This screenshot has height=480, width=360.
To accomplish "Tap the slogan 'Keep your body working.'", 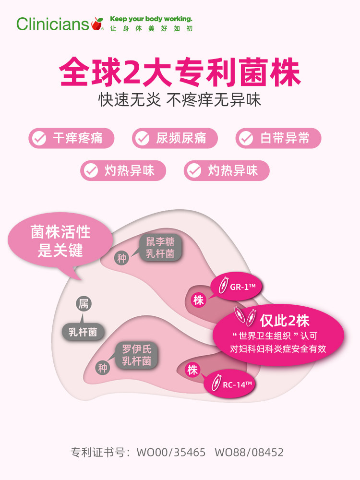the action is [x=151, y=19].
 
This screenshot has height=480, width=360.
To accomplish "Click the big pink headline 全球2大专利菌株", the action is [x=180, y=72].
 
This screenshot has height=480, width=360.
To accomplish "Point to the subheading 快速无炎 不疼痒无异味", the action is [x=180, y=99].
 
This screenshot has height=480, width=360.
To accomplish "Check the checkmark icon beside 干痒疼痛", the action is [x=38, y=139].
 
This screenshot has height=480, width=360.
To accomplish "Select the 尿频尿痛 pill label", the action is [x=175, y=139].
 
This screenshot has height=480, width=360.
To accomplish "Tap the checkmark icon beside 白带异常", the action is [x=246, y=139].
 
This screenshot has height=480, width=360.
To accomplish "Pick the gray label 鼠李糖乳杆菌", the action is [x=160, y=248].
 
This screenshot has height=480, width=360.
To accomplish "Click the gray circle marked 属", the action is [x=84, y=303].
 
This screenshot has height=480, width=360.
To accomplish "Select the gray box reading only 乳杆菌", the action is [x=83, y=332].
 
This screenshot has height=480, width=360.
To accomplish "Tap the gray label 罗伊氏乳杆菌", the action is [x=137, y=355].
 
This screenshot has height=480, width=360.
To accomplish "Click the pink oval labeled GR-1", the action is [x=237, y=287].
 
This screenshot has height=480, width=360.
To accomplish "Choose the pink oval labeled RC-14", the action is [x=230, y=383].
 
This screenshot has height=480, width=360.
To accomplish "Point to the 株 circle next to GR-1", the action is [x=198, y=300].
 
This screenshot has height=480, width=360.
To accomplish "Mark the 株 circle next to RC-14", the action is [x=192, y=370].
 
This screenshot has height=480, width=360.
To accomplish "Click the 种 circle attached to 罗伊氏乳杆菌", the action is [x=103, y=369].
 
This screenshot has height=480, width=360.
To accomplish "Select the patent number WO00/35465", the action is [x=171, y=452].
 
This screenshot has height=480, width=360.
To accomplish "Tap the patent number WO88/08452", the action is [x=249, y=452].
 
